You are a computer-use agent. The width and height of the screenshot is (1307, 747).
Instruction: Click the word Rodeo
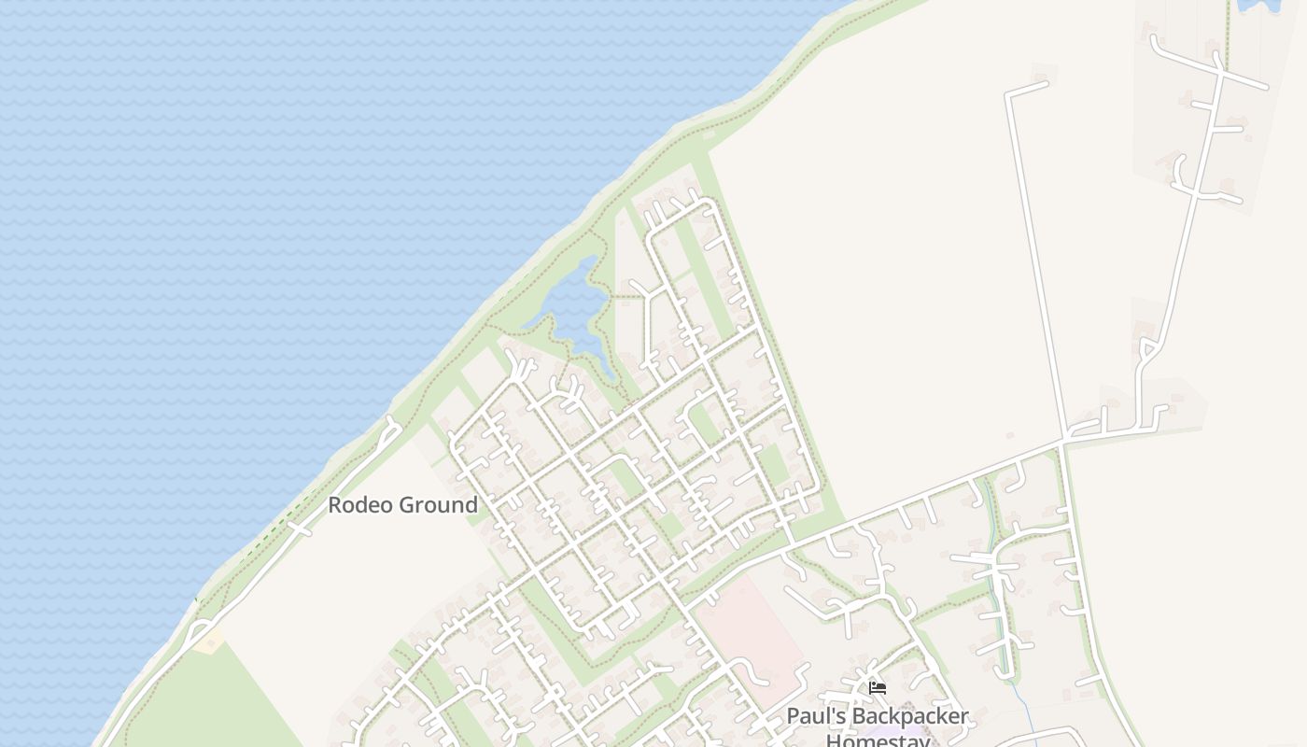click(360, 505)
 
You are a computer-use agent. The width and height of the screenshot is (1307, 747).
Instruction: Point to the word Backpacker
click(912, 717)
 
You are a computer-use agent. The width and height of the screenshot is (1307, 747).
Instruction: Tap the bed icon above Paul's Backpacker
click(878, 688)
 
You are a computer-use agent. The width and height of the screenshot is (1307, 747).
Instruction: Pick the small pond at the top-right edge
click(1258, 5)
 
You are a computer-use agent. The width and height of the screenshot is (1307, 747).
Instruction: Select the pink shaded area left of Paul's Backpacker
click(752, 635)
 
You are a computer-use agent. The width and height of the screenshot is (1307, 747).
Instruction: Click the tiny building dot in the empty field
click(1010, 435)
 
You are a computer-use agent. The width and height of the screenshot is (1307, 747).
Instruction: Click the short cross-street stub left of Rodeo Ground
click(300, 528)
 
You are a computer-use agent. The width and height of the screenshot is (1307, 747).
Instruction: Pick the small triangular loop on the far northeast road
click(1147, 351)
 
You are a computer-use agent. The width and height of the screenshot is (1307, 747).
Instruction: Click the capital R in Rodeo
click(334, 505)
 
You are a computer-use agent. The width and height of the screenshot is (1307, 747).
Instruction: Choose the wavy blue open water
click(233, 233)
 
